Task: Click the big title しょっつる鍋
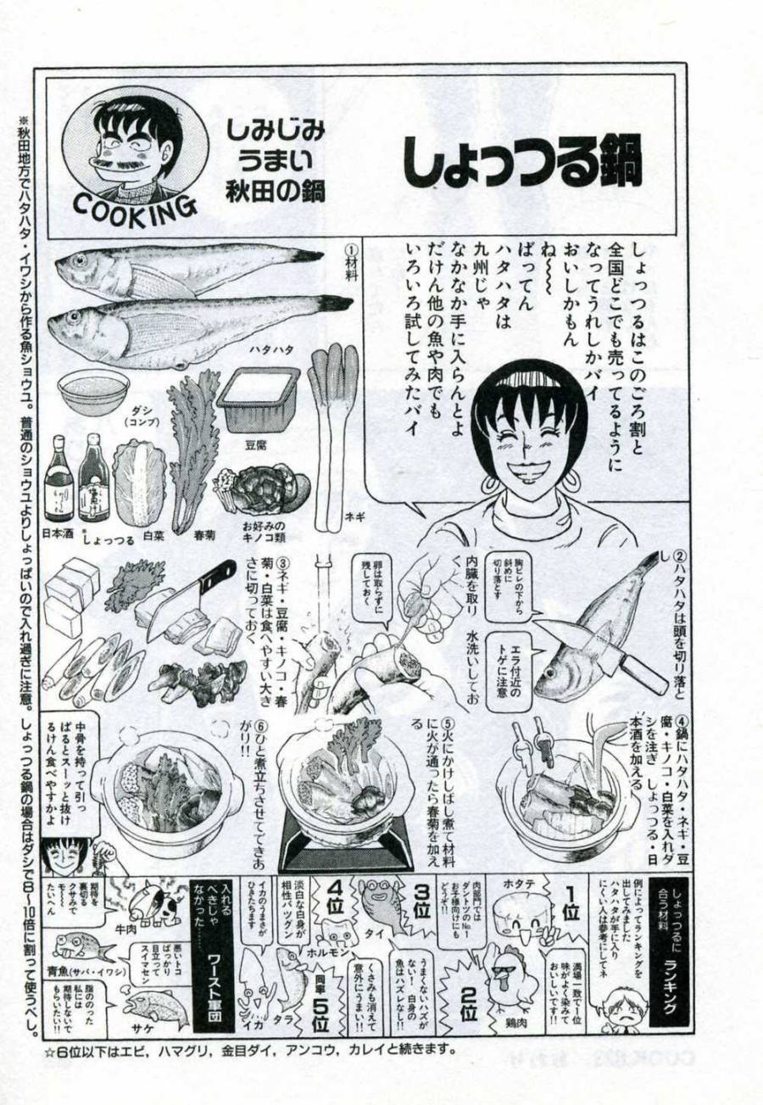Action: pyautogui.click(x=521, y=161)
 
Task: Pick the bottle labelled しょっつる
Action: pyautogui.click(x=92, y=480)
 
